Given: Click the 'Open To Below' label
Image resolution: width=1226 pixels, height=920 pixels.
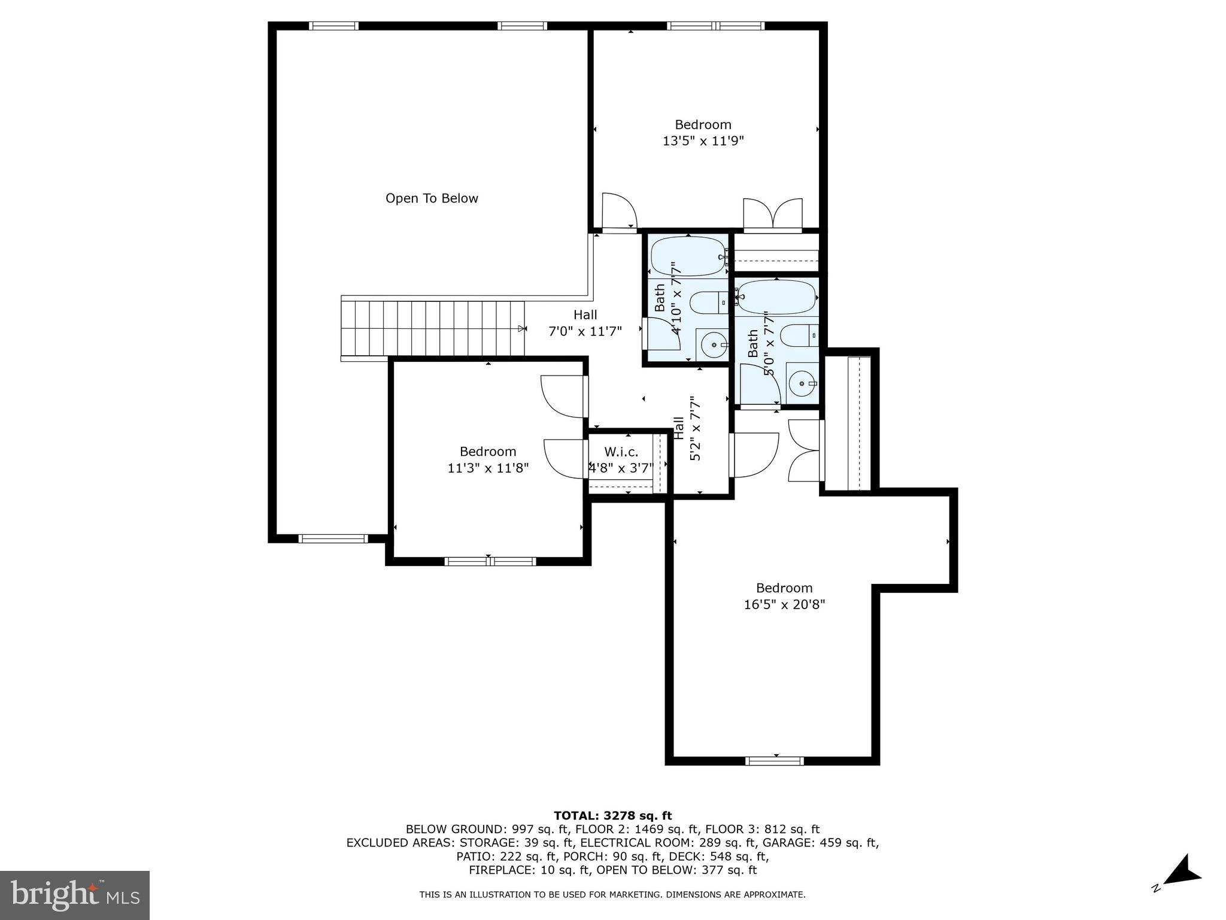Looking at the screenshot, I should click(x=432, y=198).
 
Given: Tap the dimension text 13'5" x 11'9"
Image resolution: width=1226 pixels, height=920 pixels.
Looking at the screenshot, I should click(x=703, y=141).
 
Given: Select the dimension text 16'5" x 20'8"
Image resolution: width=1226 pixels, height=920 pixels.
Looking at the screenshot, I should click(x=784, y=605).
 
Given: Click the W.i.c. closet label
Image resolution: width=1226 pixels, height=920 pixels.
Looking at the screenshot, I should click(x=621, y=452).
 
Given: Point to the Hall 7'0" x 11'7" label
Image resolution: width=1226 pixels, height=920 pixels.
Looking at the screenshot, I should click(x=585, y=323).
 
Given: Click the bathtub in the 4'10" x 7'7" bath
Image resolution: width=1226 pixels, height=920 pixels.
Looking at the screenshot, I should click(x=687, y=256).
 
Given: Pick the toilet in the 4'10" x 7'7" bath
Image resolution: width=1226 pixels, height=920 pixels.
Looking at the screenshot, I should click(x=709, y=302).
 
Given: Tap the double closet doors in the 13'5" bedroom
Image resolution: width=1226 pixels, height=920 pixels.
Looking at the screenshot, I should click(x=772, y=214).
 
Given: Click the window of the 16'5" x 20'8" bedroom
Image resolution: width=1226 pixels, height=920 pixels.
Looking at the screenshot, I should click(x=775, y=761).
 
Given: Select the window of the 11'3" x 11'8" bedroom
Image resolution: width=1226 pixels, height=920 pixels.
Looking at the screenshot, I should click(x=490, y=561).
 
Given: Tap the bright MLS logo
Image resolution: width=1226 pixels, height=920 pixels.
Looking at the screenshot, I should click(x=74, y=895).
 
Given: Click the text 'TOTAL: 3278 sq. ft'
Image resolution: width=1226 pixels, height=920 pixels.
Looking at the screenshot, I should click(x=612, y=815).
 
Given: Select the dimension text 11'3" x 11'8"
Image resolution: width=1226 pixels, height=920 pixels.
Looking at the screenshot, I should click(x=488, y=468).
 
